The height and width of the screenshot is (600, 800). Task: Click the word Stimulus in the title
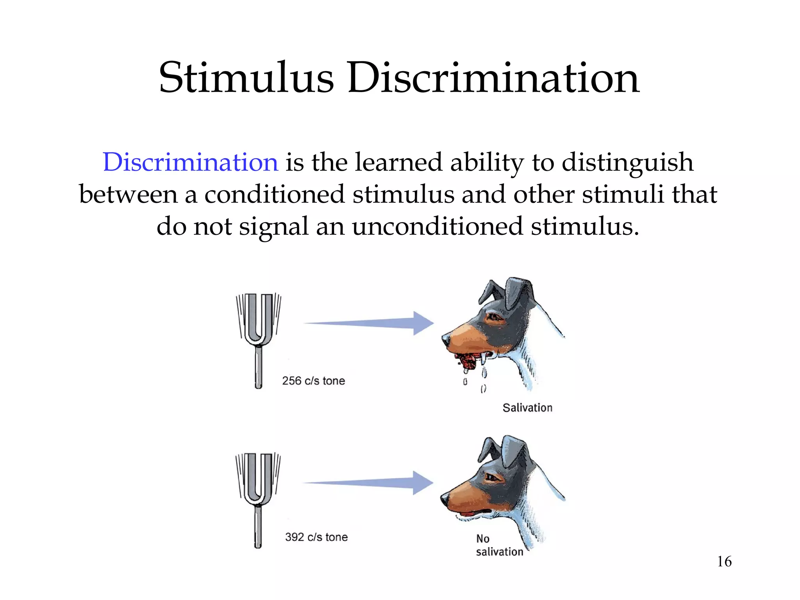(246, 78)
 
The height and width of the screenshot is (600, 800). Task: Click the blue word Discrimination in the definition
(190, 162)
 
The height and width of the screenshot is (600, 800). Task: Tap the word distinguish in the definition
(627, 162)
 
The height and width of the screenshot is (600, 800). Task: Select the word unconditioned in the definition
(437, 227)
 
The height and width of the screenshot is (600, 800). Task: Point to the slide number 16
(724, 562)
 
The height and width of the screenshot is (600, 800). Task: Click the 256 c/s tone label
(314, 381)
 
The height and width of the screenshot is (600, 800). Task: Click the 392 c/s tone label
(316, 537)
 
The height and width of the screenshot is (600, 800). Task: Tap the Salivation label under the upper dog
(527, 408)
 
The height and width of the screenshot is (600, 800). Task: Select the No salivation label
(499, 545)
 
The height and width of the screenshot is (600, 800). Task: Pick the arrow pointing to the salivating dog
(369, 323)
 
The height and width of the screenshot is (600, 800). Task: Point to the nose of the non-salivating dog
(444, 498)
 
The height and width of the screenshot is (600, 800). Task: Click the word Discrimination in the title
(493, 78)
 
